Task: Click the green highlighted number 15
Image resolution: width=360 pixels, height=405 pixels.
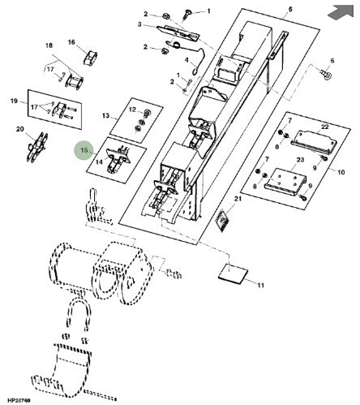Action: (84, 150)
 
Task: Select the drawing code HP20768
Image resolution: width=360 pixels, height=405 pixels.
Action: (19, 400)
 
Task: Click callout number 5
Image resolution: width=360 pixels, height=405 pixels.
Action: (290, 10)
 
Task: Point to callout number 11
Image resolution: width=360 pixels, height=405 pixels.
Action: (260, 285)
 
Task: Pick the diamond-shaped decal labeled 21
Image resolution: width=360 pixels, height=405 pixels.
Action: (223, 220)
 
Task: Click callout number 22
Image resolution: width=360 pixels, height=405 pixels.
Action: (325, 127)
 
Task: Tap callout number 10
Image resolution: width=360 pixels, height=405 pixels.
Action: (341, 172)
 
